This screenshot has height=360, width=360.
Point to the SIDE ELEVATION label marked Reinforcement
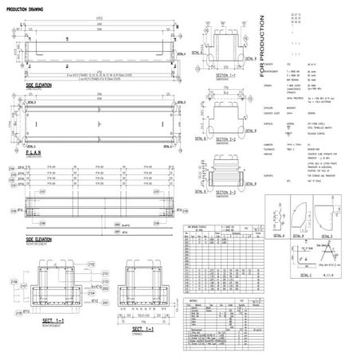[40, 238]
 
